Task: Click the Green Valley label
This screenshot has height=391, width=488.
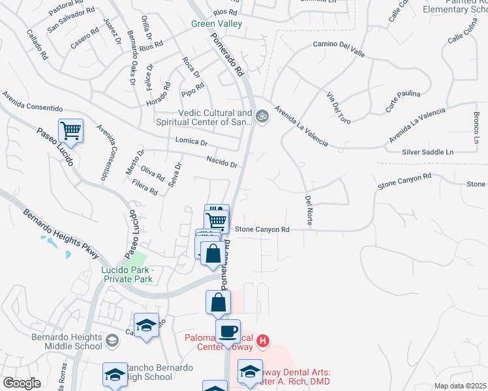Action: tap(217, 24)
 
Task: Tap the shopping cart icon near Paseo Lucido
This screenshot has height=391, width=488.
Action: tap(70, 131)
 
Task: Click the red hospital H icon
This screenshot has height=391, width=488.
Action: tap(262, 341)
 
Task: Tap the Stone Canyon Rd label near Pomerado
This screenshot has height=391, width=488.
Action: tap(262, 229)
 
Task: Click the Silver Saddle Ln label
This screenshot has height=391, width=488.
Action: tap(427, 152)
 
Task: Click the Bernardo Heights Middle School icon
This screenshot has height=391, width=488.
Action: tap(112, 340)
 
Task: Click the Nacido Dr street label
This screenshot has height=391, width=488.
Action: tap(221, 162)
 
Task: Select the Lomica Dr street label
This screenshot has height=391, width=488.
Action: tap(191, 141)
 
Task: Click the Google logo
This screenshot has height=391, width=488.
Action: tap(22, 383)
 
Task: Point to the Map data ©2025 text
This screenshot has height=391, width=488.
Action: tap(459, 386)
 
